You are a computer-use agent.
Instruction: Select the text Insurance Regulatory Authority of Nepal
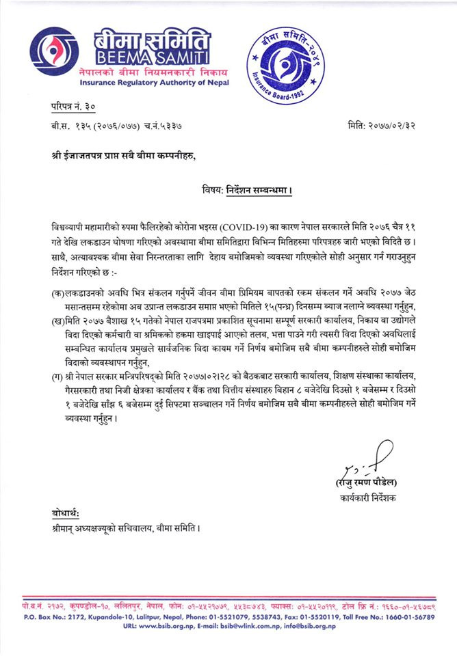click(x=145, y=83)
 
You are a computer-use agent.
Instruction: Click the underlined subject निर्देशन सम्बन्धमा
click(x=258, y=190)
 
